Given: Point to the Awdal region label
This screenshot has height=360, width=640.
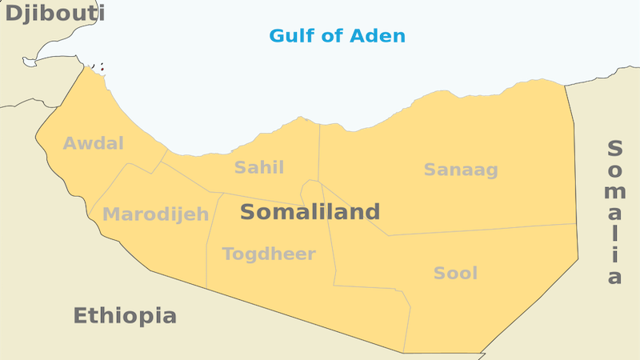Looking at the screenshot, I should click(x=94, y=144).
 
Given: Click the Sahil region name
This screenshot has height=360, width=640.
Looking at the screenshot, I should click(x=258, y=167).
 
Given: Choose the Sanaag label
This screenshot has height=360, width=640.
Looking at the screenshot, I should click(x=461, y=170).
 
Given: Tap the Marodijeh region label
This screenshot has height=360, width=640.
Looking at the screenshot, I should click(x=156, y=214).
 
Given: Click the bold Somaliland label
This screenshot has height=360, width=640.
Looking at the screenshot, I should click(x=310, y=212).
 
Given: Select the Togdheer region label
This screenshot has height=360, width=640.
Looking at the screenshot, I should click(x=269, y=254).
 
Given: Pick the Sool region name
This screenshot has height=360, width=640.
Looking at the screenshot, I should click(x=455, y=274).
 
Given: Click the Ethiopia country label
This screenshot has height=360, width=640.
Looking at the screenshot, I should click(x=125, y=315).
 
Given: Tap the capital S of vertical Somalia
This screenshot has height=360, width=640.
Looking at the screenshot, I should click(x=614, y=149).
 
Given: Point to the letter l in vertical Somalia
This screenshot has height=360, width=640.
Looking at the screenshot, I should click(x=614, y=236).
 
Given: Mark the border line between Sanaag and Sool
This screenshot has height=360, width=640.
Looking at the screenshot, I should click(x=480, y=230).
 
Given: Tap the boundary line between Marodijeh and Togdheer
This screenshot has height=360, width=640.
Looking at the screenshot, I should click(x=209, y=240).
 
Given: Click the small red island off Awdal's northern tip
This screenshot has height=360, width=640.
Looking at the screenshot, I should click(x=102, y=69).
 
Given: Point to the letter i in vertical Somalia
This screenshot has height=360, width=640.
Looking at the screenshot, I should click(x=614, y=256).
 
